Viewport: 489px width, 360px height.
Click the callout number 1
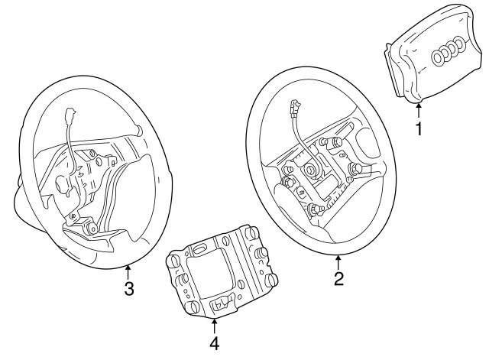(x=418, y=128)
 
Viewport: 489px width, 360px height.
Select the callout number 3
(x=129, y=289)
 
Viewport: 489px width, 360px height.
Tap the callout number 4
(x=215, y=342)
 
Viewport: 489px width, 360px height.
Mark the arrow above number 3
(x=129, y=271)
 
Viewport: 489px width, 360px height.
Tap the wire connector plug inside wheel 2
(x=293, y=107)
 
